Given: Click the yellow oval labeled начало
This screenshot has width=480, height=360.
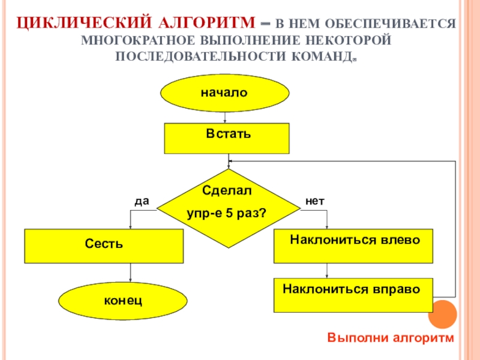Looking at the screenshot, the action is (224, 93).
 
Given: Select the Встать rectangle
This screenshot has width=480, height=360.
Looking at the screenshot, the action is (227, 139).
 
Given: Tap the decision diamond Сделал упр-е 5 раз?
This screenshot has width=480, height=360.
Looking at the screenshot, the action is (229, 208).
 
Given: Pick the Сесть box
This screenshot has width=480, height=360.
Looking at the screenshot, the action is (104, 246).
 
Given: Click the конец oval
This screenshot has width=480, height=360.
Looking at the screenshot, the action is (123, 301).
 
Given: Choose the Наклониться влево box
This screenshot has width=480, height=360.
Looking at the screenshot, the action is (353, 246).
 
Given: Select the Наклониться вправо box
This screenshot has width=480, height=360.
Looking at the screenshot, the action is (353, 295).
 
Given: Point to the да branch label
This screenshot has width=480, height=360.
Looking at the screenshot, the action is (142, 201).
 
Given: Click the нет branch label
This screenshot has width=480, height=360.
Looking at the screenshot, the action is (314, 201).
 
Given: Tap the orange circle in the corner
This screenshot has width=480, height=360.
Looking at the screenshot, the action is (442, 314).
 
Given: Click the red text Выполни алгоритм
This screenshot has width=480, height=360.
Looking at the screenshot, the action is (391, 338).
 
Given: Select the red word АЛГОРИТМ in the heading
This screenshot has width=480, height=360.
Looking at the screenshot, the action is (207, 23).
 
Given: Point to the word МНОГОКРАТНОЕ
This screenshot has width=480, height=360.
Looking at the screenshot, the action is (138, 40).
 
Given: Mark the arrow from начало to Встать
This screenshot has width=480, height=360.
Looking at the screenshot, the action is (225, 118).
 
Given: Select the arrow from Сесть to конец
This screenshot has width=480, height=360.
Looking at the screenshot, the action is (130, 272).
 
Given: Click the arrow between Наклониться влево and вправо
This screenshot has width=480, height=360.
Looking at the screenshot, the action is (327, 271).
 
